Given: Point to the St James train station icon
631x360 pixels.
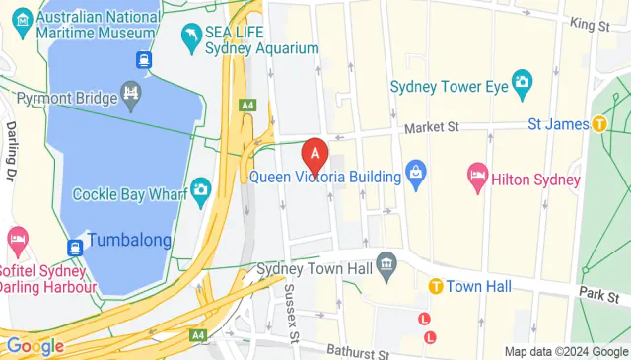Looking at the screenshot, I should tap(598, 124).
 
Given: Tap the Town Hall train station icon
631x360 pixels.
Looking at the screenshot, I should tap(434, 286).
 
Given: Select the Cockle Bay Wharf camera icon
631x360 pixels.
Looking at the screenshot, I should tap(201, 187).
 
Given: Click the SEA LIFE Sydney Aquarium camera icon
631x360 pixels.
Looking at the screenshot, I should tap(190, 38).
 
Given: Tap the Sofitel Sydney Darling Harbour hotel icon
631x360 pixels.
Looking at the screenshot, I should tap(16, 239).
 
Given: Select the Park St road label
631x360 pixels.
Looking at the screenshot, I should tap(598, 295).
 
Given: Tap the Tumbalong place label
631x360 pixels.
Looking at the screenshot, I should tap(128, 240).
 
